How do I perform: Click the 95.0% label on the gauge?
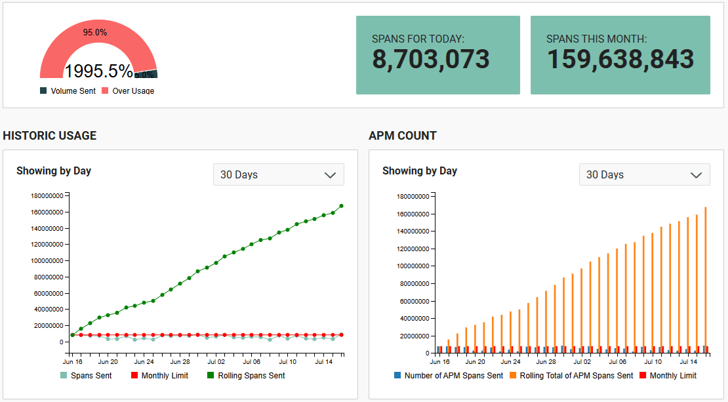click(x=95, y=32)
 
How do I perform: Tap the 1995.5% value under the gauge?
click(x=98, y=71)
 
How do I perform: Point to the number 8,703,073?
click(x=431, y=60)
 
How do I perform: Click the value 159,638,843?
click(x=620, y=60)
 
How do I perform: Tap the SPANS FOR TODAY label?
click(x=418, y=39)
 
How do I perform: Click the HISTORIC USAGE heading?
click(x=50, y=136)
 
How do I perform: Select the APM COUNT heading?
click(x=403, y=136)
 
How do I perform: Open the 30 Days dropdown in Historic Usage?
click(x=278, y=174)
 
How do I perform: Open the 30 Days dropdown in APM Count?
click(x=644, y=174)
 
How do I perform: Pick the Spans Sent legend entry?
click(x=91, y=376)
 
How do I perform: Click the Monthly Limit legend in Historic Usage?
click(x=165, y=376)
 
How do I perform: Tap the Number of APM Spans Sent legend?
click(x=454, y=376)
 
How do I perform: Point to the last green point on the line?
click(x=342, y=206)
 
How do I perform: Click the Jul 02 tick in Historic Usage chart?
click(x=216, y=361)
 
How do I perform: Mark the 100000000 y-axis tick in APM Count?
click(x=413, y=266)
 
